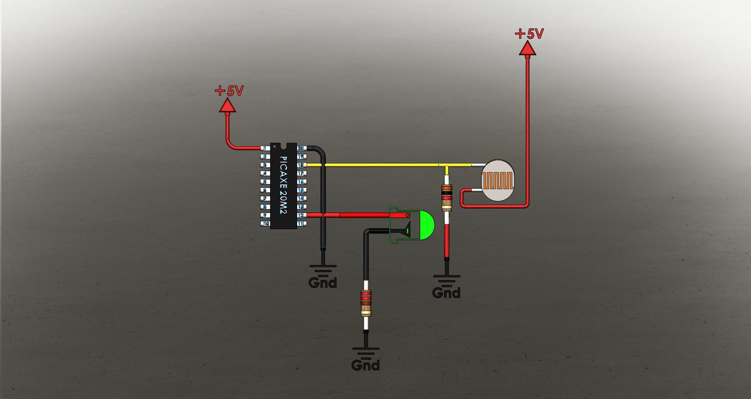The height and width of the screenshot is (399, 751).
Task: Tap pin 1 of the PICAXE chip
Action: coord(264,148)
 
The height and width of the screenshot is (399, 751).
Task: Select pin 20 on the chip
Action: coord(301,148)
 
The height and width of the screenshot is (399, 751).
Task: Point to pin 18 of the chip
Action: coord(301,165)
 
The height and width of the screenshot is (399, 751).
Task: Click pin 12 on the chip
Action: coord(301,215)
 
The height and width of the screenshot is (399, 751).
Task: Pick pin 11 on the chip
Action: coord(301,224)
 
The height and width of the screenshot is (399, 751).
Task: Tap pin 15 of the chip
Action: coord(301,190)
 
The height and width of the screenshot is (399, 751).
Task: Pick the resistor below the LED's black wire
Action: coord(366,304)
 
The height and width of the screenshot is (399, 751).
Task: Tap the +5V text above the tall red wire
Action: coord(529,34)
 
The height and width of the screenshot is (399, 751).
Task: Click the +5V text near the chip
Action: coord(229,91)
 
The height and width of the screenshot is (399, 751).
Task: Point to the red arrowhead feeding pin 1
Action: coord(227,106)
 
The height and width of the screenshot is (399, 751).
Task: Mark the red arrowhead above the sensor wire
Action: coord(527,49)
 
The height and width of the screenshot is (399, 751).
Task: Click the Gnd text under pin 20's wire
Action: coord(323,282)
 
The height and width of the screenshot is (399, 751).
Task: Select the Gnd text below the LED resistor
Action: coord(365,365)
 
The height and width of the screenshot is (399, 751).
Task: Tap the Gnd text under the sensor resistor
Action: coord(446,293)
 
